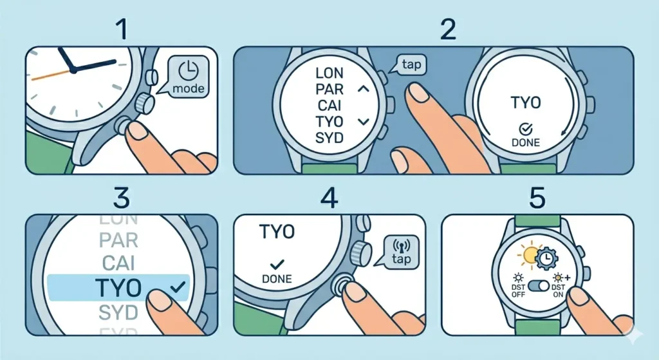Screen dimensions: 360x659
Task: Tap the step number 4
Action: point(329,198)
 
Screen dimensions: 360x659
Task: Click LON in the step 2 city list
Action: point(329,73)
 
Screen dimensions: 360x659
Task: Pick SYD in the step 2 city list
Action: point(329,137)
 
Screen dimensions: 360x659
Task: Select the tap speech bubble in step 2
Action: point(409,65)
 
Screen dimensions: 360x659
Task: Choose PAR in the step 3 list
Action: point(118,241)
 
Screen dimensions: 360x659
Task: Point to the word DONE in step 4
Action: point(277,279)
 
